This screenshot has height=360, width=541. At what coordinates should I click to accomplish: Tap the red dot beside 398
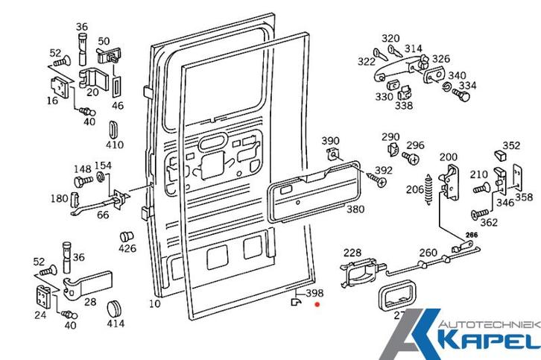tap(317, 304)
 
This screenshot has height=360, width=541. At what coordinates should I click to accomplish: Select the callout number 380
tap(355, 209)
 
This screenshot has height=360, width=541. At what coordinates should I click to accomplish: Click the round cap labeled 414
tap(115, 308)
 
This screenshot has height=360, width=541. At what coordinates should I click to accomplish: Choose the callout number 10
tap(154, 303)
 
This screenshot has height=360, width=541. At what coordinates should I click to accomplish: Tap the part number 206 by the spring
tap(415, 190)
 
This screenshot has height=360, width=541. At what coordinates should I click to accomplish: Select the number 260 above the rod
tap(428, 253)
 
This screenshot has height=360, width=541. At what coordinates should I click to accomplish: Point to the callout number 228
tap(352, 253)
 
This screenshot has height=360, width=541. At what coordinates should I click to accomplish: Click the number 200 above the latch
tap(448, 157)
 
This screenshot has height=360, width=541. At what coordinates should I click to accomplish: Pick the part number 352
tap(511, 145)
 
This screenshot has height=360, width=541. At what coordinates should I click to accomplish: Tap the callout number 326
tap(441, 59)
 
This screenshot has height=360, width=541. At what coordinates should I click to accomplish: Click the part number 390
tap(330, 141)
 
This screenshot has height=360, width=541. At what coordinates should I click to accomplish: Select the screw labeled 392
tap(371, 178)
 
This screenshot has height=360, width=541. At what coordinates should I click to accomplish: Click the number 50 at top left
tap(104, 41)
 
